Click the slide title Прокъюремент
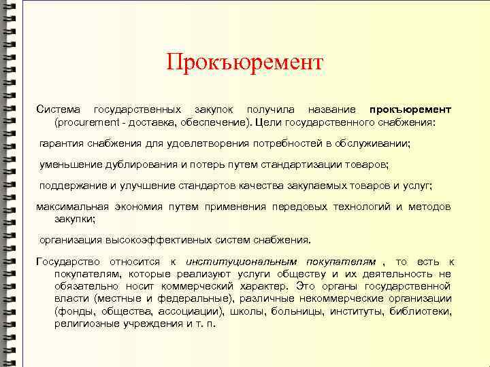(x=244, y=63)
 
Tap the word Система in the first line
(x=58, y=109)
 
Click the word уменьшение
(x=71, y=164)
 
